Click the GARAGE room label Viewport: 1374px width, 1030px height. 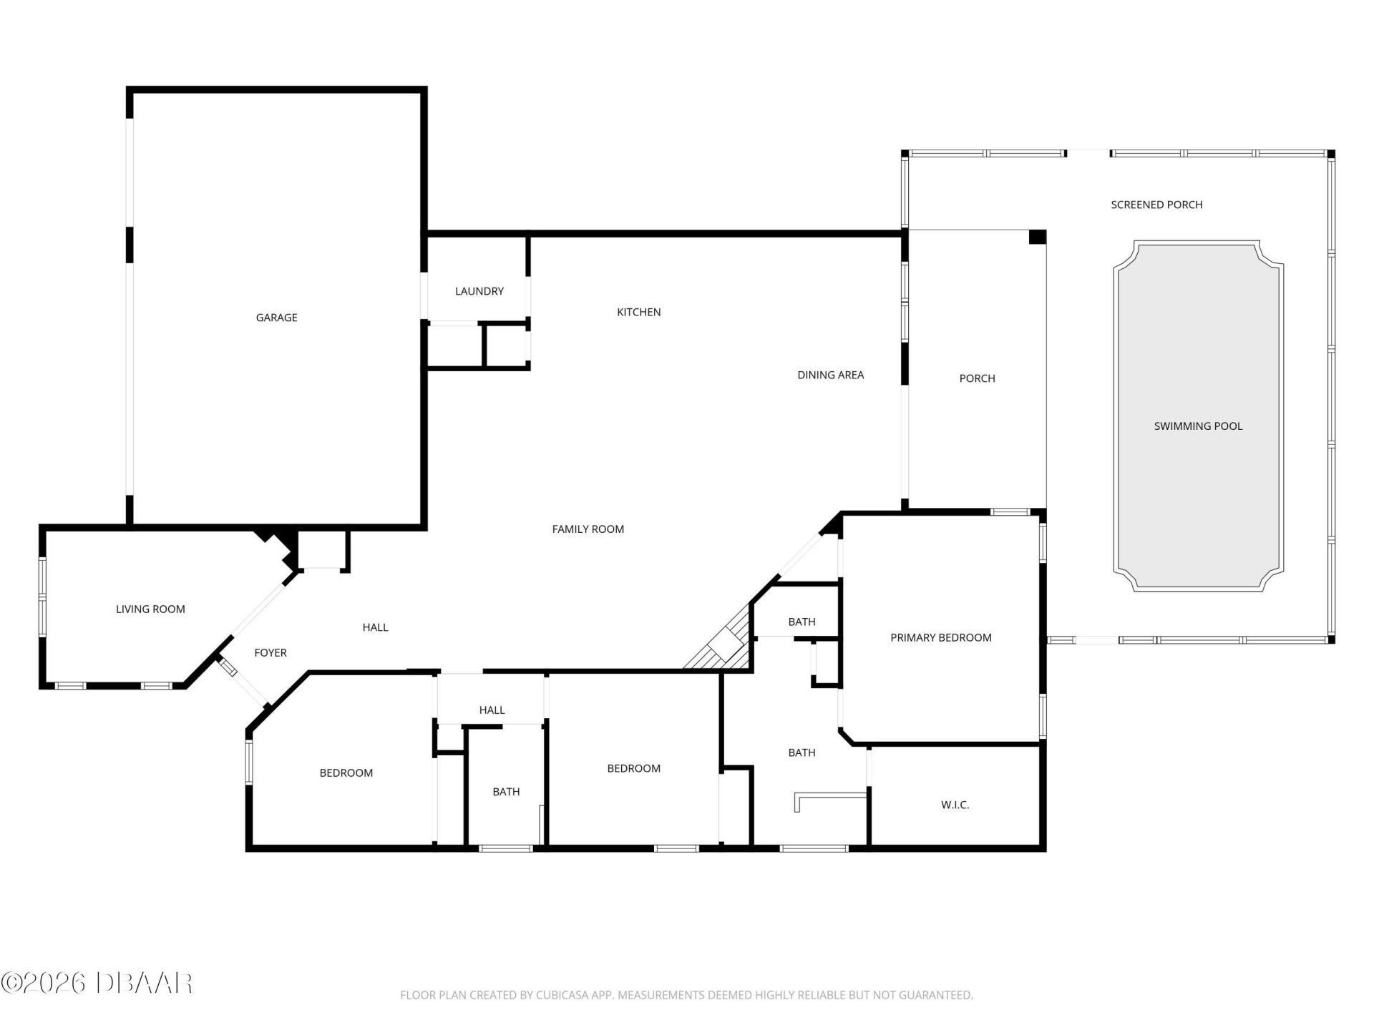click(x=276, y=318)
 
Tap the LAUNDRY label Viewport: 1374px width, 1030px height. click(x=479, y=291)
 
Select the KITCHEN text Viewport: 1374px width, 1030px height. click(x=638, y=312)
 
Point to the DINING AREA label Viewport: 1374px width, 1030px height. click(x=830, y=375)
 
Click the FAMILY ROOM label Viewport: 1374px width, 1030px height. click(x=588, y=529)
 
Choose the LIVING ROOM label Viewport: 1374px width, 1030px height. click(x=150, y=609)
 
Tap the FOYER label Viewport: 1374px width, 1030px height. click(x=271, y=653)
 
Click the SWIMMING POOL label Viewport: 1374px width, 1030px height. click(x=1198, y=426)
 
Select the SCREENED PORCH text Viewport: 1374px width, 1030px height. click(x=1156, y=205)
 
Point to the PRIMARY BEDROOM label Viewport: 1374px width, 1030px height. click(x=940, y=638)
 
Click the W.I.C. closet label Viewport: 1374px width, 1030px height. click(x=955, y=805)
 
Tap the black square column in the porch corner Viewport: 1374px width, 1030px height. click(x=1037, y=237)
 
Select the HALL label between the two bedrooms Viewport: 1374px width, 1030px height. click(x=492, y=710)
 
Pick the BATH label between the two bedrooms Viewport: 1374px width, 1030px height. click(x=506, y=792)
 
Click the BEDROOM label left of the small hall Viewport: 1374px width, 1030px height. click(x=346, y=773)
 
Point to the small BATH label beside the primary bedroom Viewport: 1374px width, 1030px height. click(x=801, y=622)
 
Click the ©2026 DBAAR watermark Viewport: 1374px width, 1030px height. click(x=97, y=983)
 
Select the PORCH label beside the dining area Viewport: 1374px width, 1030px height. click(x=977, y=378)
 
